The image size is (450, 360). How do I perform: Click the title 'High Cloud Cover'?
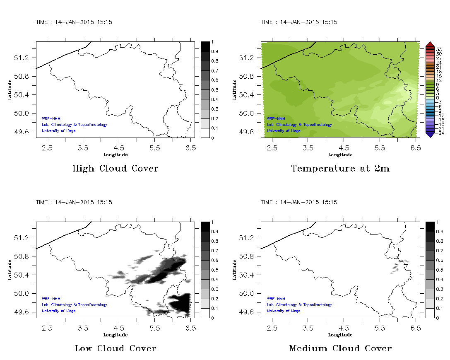115,169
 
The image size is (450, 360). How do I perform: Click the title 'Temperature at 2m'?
340,169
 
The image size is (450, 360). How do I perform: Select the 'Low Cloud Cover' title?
115,348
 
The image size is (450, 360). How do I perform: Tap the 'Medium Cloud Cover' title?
340,348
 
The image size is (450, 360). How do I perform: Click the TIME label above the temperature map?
298,22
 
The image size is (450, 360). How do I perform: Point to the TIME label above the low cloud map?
74,202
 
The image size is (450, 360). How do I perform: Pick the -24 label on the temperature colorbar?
439,133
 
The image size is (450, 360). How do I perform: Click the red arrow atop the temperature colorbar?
430,44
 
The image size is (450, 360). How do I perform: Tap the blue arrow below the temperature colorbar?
430,134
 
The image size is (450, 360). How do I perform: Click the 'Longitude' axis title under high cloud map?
115,155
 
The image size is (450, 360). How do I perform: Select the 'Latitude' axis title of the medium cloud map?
234,270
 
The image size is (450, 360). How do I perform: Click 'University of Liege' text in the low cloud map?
58,311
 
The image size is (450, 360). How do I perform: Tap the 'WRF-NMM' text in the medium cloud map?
276,298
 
